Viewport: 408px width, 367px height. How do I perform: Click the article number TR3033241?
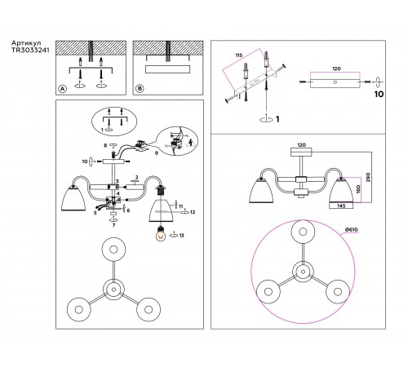pos(30,50)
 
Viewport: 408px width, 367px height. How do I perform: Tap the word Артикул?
pos(26,43)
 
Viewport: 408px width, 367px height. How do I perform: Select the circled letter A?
pos(63,89)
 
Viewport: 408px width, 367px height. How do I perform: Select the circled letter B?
pos(140,89)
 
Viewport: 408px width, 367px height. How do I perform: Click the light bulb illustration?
pos(162,233)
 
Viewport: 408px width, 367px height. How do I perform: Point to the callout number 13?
pos(181,235)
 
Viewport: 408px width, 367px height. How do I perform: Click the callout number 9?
pos(156,153)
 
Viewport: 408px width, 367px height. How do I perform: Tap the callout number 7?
pos(113,225)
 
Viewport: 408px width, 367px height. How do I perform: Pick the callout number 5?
pos(95,213)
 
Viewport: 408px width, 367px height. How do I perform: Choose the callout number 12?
pos(193,212)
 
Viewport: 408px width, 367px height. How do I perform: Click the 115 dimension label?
pos(238,55)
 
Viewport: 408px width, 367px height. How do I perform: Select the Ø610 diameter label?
pos(352,229)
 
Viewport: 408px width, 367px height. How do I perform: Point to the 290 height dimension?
pos(368,177)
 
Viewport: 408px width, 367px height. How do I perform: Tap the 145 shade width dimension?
pos(341,206)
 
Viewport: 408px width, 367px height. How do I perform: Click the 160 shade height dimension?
pos(358,189)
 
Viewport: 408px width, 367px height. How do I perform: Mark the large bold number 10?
pos(379,94)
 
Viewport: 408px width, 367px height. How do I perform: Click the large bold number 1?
pos(277,119)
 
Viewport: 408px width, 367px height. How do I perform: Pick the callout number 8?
pos(105,145)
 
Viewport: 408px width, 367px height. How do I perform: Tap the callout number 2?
pos(137,178)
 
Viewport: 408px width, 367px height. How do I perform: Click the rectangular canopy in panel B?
pos(167,69)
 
